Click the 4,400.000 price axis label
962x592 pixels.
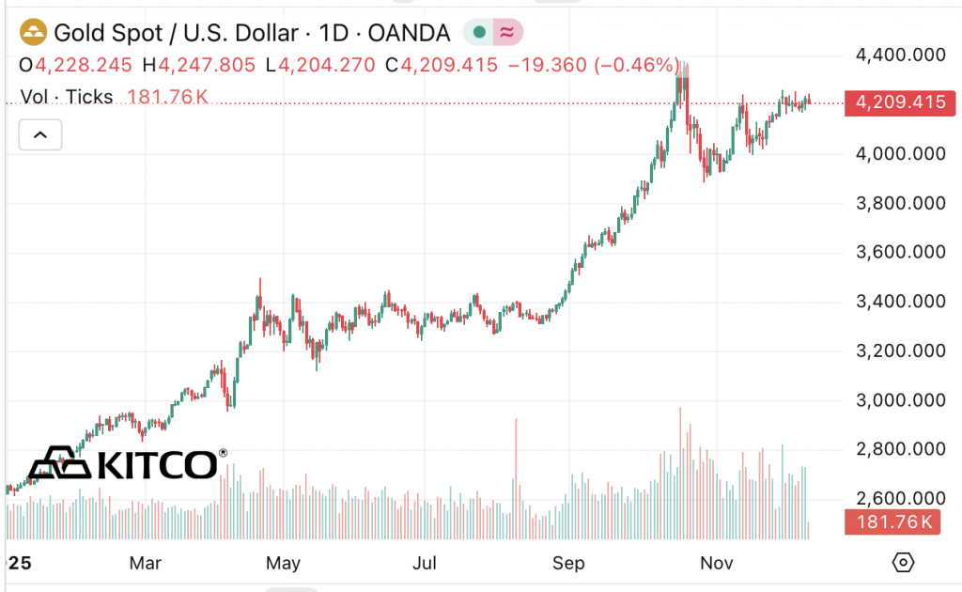pos(899,55)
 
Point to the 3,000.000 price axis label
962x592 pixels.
pos(899,400)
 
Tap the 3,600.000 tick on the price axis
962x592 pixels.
pos(899,252)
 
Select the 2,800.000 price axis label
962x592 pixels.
pos(899,449)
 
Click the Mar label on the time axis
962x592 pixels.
pos(146,563)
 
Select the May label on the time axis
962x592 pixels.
pos(283,563)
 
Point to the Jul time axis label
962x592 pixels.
pos(426,563)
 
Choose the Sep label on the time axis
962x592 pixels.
pos(568,563)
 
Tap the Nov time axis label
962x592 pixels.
pos(716,563)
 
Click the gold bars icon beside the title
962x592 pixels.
pos(34,33)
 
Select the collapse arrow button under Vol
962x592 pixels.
pos(40,135)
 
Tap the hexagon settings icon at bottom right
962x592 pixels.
pos(902,563)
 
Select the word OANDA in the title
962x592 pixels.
pos(410,33)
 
